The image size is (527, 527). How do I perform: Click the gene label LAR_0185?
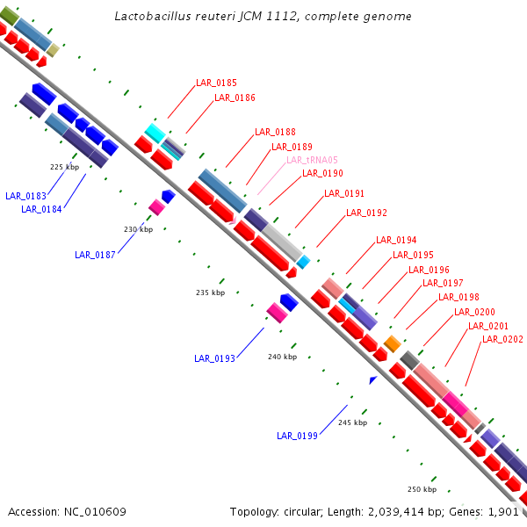pos(216,83)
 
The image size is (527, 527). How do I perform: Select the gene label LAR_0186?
pos(235,97)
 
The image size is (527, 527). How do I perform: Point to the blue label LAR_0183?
pos(25,196)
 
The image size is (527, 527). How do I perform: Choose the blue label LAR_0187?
pos(95,255)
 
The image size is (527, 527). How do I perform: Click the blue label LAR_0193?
pos(214,358)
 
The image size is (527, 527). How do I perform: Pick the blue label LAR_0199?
pos(297,436)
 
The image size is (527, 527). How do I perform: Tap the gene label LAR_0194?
pos(396,240)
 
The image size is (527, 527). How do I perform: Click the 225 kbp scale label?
pos(64,166)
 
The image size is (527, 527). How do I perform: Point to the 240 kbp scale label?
pos(282,357)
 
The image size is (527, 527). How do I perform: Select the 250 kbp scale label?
pos(422,489)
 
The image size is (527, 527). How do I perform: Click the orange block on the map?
pos(392,343)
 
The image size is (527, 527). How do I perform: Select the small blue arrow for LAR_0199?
pos(373,379)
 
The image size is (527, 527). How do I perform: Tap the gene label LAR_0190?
pos(322,174)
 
